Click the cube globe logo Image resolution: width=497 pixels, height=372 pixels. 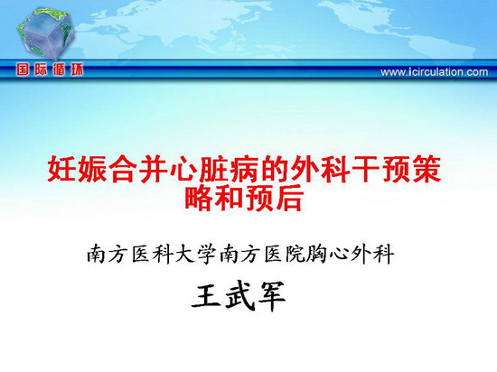click(x=45, y=33)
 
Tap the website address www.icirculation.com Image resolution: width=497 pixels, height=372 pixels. click(x=434, y=72)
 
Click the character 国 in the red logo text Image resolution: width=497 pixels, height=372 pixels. click(x=23, y=70)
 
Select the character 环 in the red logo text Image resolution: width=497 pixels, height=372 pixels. click(x=77, y=70)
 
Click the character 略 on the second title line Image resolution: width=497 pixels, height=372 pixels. click(x=199, y=199)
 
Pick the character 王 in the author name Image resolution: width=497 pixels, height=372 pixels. click(x=207, y=295)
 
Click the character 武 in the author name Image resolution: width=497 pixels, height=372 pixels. click(x=239, y=295)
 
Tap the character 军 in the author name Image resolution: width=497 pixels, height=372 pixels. click(x=272, y=296)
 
